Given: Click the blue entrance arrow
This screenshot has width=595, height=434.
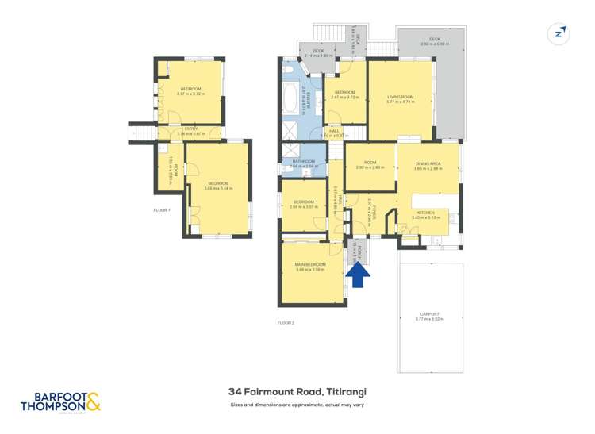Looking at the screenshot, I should (359, 275).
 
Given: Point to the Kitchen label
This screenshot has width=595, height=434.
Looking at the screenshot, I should (425, 213).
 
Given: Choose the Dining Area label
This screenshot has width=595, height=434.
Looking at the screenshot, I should (428, 166).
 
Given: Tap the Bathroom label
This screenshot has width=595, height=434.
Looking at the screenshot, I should (304, 164).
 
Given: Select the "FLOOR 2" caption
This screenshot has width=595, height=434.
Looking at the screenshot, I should (286, 323).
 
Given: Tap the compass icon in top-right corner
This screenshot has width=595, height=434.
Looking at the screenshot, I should (559, 33).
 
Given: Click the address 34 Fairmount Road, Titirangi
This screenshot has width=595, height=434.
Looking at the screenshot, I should (297, 391).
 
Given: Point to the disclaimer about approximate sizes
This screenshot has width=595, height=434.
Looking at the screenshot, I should (297, 405).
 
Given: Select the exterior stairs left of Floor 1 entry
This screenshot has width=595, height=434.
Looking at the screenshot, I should (143, 133).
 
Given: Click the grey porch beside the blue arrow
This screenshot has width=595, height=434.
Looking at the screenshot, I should (359, 251).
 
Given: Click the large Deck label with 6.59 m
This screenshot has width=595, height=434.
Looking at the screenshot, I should (434, 40).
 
